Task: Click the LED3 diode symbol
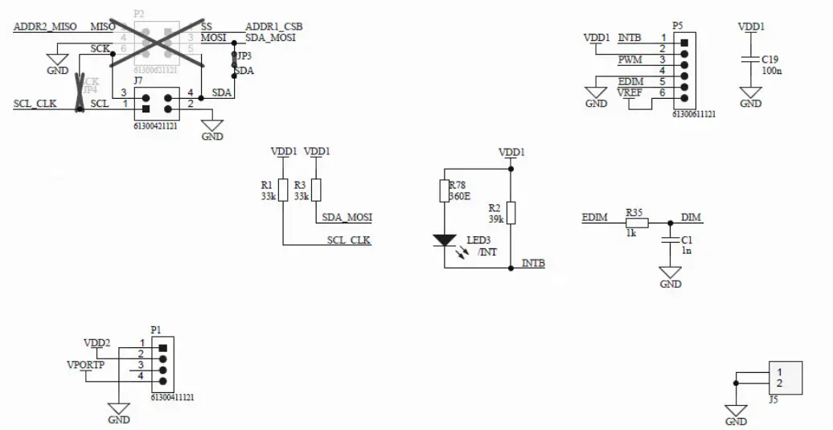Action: (445, 240)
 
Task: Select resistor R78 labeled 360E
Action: (445, 190)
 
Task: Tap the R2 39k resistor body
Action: (511, 213)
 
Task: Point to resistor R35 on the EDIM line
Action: (636, 223)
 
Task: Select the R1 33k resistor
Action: (282, 190)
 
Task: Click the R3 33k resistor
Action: (316, 190)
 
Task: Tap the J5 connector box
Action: (785, 377)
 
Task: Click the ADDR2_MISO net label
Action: (45, 27)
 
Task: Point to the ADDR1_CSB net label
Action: (273, 27)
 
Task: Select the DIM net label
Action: (691, 217)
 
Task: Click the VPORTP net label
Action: (85, 365)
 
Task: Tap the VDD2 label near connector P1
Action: (97, 343)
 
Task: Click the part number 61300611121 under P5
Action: (694, 115)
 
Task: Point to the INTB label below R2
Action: (533, 263)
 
